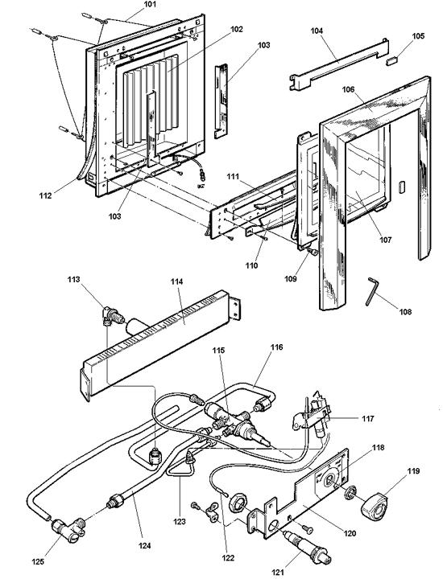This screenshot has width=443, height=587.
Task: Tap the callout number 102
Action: [x=214, y=29]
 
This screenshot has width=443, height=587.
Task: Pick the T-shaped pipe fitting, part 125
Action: [x=64, y=527]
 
